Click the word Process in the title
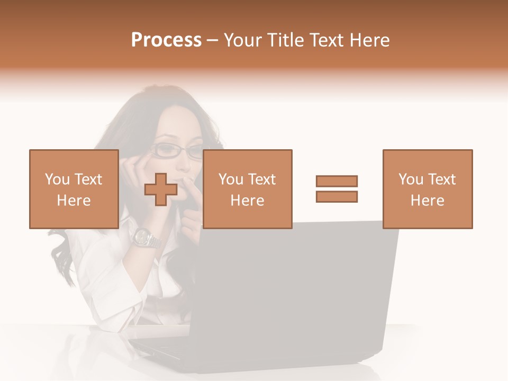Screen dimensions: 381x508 [166, 40]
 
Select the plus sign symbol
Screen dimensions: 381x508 [161, 189]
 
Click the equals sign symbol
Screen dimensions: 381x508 [337, 189]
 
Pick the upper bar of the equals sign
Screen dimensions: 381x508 [337, 182]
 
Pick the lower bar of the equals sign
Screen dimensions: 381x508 [337, 197]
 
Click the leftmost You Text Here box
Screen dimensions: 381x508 [74, 189]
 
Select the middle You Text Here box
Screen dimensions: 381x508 [247, 189]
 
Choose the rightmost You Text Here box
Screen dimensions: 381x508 [427, 189]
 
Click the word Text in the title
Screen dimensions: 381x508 [325, 40]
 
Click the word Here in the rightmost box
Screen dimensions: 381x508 [427, 201]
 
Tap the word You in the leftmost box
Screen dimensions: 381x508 [56, 179]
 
